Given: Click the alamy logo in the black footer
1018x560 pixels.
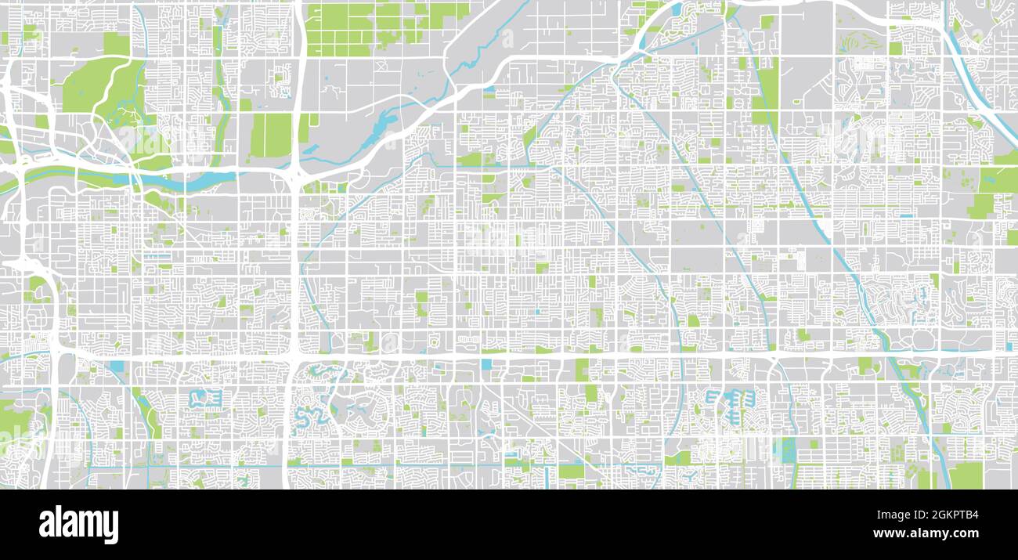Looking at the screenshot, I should (x=78, y=524).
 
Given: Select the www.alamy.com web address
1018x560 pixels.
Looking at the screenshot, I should (x=926, y=533).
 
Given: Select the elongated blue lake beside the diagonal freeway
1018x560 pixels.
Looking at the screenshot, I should (x=384, y=125).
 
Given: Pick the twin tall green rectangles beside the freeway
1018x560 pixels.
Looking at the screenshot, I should (x=271, y=135).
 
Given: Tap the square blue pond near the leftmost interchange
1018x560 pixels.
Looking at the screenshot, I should (x=117, y=366).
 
